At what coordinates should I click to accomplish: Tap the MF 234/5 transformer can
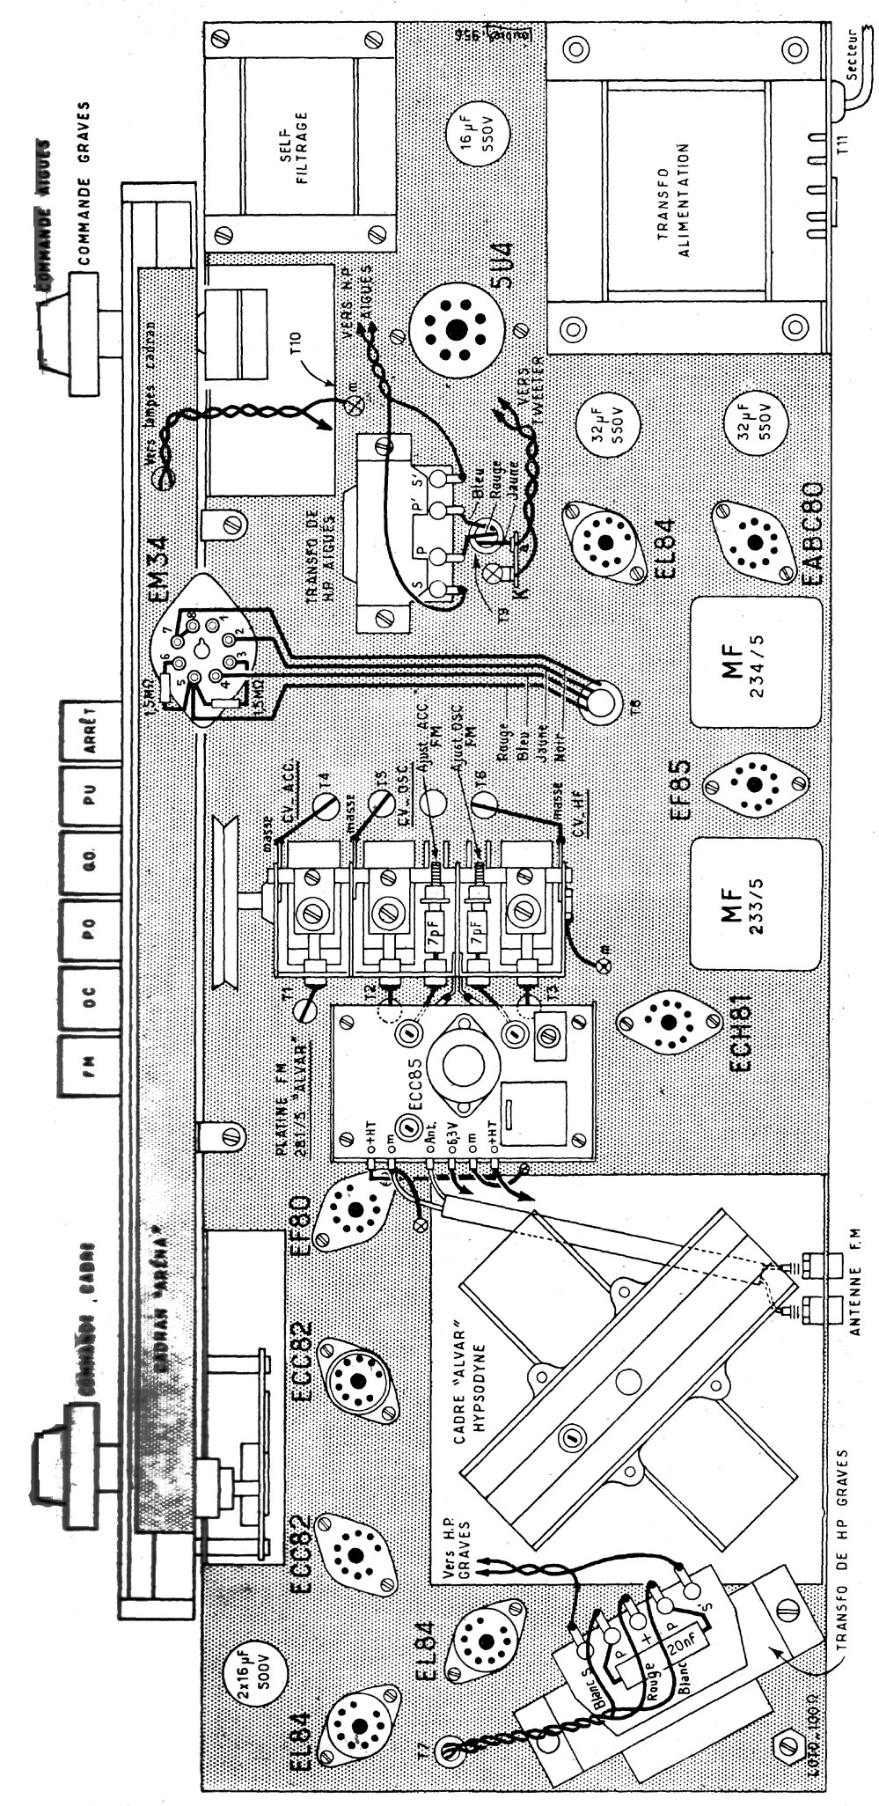[754, 661]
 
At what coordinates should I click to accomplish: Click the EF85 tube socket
[754, 782]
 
